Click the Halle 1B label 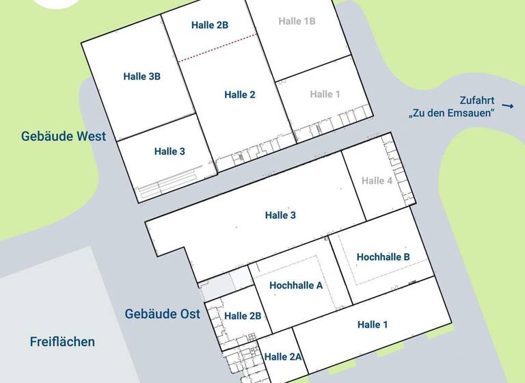click(297, 21)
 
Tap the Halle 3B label click(142, 77)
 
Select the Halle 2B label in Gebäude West click(210, 25)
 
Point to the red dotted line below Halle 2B click(217, 48)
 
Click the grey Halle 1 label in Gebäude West click(325, 94)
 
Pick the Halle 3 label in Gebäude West click(170, 151)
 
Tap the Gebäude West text click(63, 136)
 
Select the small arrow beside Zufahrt click(507, 105)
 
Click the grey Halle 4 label click(377, 181)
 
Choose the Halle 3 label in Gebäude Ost click(280, 215)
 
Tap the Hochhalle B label click(383, 256)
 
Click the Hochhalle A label click(296, 285)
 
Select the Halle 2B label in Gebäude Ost click(243, 315)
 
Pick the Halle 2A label click(283, 356)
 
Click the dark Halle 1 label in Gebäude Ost click(373, 325)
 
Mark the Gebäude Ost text click(162, 314)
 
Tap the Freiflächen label click(62, 341)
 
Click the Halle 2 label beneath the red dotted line click(239, 95)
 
